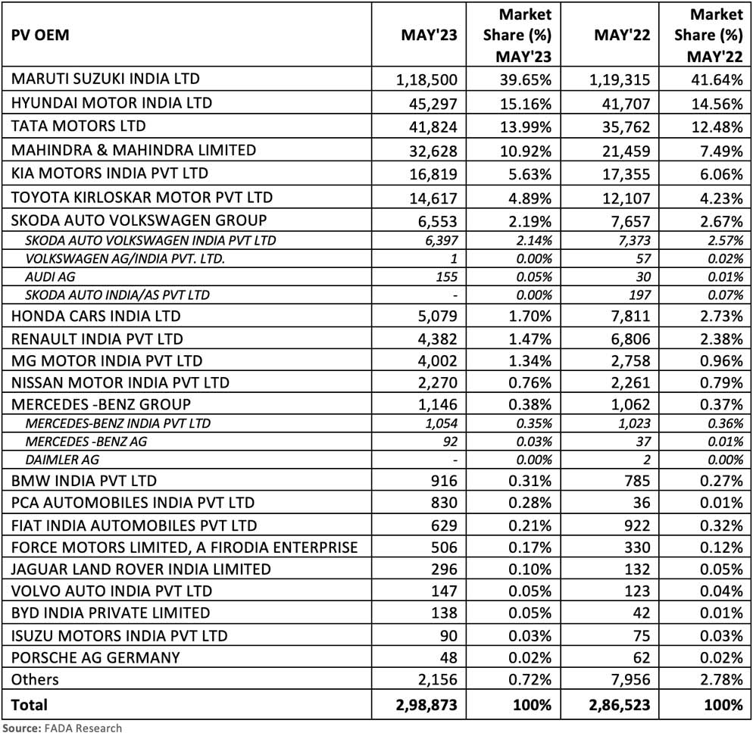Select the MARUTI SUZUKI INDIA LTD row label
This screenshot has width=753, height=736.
click(105, 79)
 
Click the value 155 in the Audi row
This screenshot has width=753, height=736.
click(447, 277)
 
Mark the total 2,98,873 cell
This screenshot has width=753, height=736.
click(427, 705)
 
